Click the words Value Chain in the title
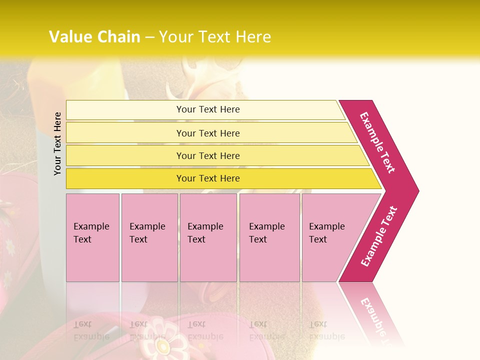[x=94, y=37]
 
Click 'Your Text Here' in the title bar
[x=215, y=37]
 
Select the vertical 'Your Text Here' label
[x=57, y=143]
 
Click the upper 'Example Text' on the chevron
[x=377, y=142]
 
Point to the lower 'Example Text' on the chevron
[x=379, y=236]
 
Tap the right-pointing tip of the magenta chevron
[x=415, y=190]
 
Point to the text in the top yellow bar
[x=208, y=109]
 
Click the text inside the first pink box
[x=91, y=233]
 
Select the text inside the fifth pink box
[x=326, y=233]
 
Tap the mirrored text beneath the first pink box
[x=91, y=330]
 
